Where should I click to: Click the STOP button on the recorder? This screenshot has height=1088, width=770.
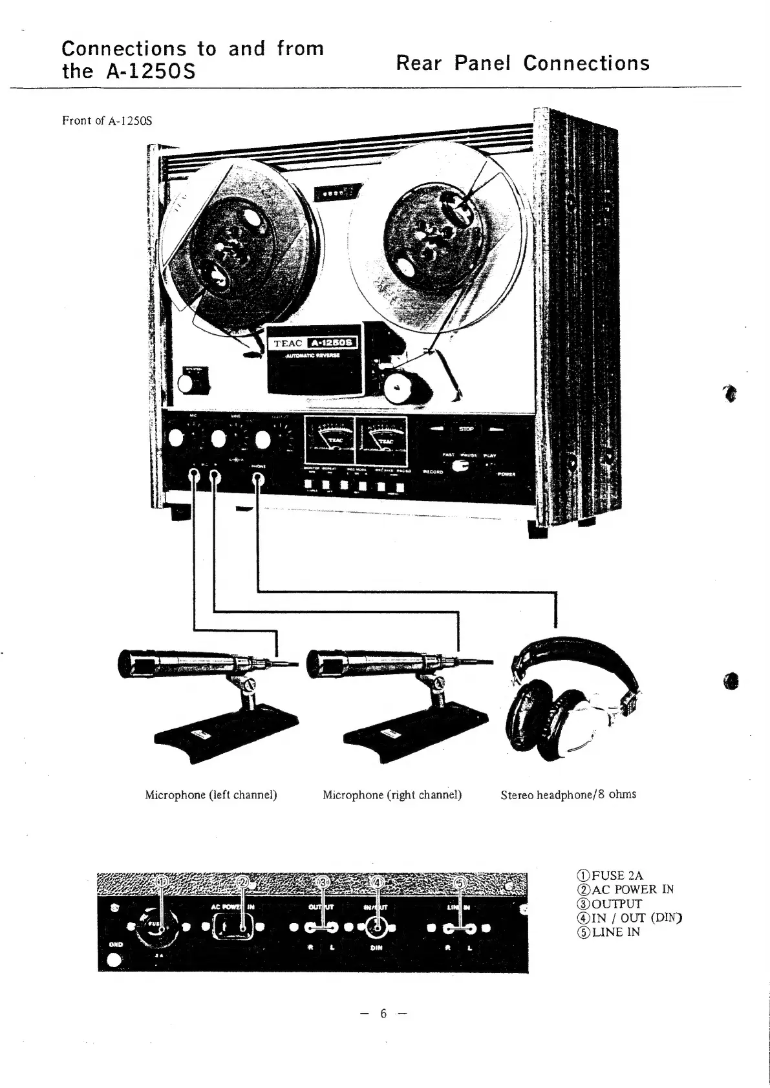click(466, 429)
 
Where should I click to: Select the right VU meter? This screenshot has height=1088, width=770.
click(381, 440)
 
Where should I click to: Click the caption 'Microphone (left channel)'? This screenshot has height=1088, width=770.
click(211, 795)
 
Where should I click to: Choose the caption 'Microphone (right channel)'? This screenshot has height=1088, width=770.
click(392, 795)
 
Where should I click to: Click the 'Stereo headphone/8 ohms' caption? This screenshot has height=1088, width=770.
click(568, 794)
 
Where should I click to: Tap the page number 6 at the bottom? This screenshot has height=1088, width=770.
click(383, 1013)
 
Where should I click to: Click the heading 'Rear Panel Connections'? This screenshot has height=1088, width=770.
click(522, 63)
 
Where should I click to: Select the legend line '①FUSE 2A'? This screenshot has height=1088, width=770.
click(610, 876)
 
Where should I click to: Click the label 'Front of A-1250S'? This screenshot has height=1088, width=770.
click(107, 121)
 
